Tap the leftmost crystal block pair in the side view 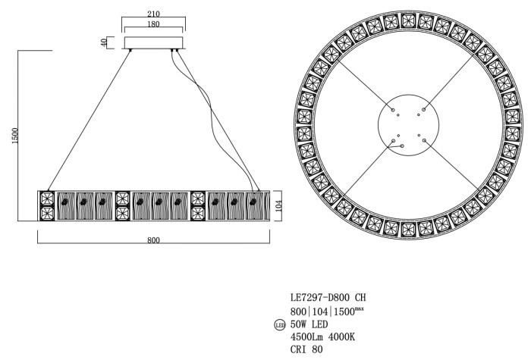click(x=47, y=205)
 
